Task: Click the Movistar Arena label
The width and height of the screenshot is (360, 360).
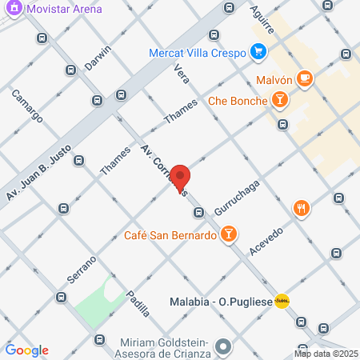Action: (64, 9)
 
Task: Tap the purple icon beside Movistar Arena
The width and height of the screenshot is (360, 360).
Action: (12, 9)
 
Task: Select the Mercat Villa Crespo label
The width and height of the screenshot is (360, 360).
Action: (196, 54)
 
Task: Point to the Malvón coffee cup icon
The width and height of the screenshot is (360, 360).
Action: (304, 78)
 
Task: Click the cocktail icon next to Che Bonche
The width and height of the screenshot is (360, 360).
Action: (279, 99)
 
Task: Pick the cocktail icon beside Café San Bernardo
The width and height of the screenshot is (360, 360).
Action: (229, 234)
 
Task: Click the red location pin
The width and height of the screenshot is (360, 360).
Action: (181, 178)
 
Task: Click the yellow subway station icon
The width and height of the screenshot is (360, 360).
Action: (282, 302)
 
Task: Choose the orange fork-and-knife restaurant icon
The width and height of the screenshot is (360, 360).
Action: (301, 209)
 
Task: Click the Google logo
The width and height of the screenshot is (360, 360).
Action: (27, 350)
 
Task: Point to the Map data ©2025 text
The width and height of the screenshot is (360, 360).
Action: (326, 353)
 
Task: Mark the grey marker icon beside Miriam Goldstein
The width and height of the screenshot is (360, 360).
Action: (223, 347)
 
